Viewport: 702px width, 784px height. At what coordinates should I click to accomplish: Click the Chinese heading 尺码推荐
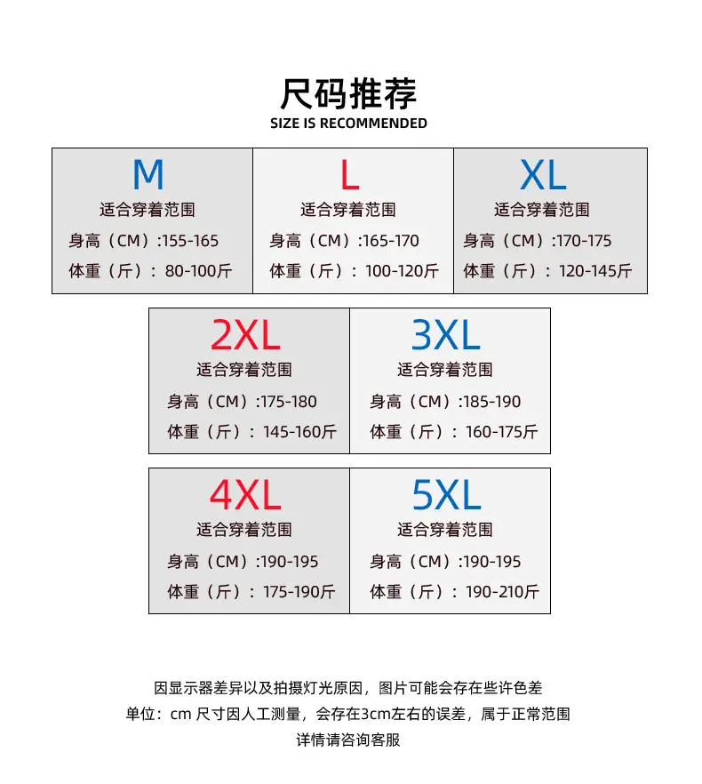(348, 93)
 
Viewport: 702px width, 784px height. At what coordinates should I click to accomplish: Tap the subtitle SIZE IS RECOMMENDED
(348, 123)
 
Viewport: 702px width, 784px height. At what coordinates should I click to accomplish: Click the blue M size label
(148, 174)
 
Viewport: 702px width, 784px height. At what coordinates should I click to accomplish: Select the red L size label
(349, 174)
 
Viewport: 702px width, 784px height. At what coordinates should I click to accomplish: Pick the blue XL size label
(543, 175)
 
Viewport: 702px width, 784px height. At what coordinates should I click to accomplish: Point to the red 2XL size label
(245, 335)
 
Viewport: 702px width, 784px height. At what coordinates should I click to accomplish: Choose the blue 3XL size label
(446, 335)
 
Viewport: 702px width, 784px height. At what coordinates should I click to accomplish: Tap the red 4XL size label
(245, 495)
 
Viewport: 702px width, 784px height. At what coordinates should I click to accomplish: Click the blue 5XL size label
(446, 495)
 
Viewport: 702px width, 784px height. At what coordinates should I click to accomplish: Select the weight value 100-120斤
(402, 271)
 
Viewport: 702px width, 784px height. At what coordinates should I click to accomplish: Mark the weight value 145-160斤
(300, 431)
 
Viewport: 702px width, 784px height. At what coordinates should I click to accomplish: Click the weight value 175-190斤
(299, 591)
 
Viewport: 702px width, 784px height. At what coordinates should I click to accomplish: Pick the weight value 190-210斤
(502, 591)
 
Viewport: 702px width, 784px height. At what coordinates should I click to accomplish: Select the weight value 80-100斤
(198, 271)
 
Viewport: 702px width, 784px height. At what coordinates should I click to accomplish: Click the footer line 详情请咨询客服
(348, 740)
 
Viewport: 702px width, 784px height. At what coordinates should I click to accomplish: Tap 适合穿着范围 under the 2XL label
(244, 370)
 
